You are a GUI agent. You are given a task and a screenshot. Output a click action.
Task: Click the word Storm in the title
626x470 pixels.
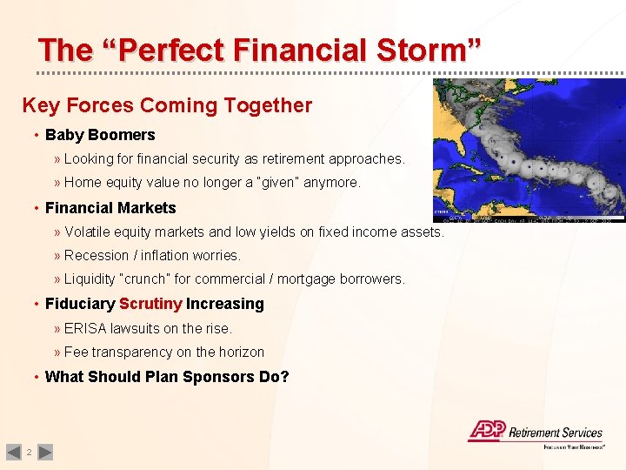pyautogui.click(x=429, y=50)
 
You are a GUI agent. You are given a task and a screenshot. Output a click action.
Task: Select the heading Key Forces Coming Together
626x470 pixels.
pyautogui.click(x=167, y=105)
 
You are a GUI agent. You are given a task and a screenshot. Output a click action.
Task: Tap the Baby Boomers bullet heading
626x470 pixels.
pyautogui.click(x=100, y=135)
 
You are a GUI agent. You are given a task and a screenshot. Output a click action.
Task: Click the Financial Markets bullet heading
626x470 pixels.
pyautogui.click(x=110, y=208)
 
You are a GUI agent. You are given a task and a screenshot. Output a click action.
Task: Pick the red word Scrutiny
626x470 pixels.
pyautogui.click(x=150, y=304)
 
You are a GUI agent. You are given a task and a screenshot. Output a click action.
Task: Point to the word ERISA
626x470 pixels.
pyautogui.click(x=85, y=328)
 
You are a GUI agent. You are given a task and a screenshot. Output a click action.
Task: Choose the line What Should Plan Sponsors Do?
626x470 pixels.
pyautogui.click(x=167, y=377)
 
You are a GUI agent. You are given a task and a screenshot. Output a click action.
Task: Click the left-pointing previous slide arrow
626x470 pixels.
pyautogui.click(x=13, y=452)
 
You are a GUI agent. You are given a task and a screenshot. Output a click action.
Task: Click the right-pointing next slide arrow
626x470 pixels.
pyautogui.click(x=46, y=452)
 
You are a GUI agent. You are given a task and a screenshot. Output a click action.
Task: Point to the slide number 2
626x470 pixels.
pyautogui.click(x=30, y=452)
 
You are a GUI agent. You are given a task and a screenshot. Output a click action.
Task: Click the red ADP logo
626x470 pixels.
pyautogui.click(x=487, y=430)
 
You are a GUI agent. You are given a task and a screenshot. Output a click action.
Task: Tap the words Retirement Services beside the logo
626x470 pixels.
pyautogui.click(x=556, y=433)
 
